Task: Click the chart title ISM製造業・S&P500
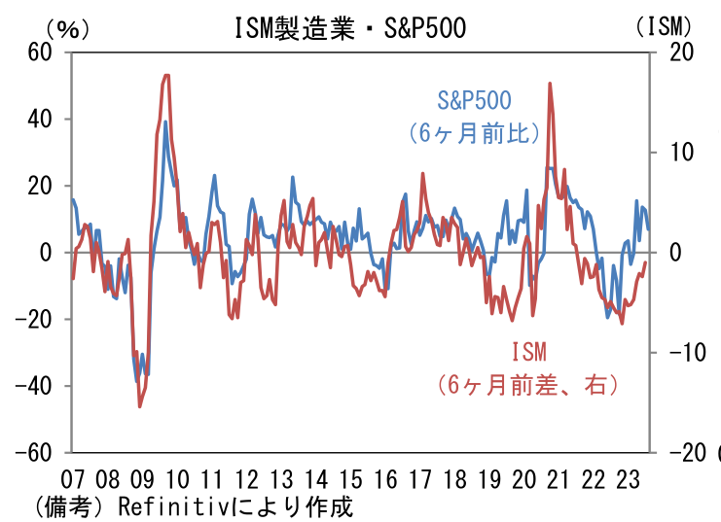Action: pyautogui.click(x=351, y=28)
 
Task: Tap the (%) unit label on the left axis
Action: pyautogui.click(x=67, y=28)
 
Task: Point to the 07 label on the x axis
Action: pyautogui.click(x=72, y=479)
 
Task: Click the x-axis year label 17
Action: pyautogui.click(x=419, y=479)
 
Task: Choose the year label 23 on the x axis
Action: pyautogui.click(x=628, y=479)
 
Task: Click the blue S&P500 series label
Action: pyautogui.click(x=474, y=100)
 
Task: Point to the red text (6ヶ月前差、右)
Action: pyautogui.click(x=528, y=385)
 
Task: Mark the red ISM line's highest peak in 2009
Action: pyautogui.click(x=166, y=75)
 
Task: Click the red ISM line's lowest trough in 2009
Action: pyautogui.click(x=139, y=406)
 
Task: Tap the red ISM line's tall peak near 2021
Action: pyautogui.click(x=551, y=84)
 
